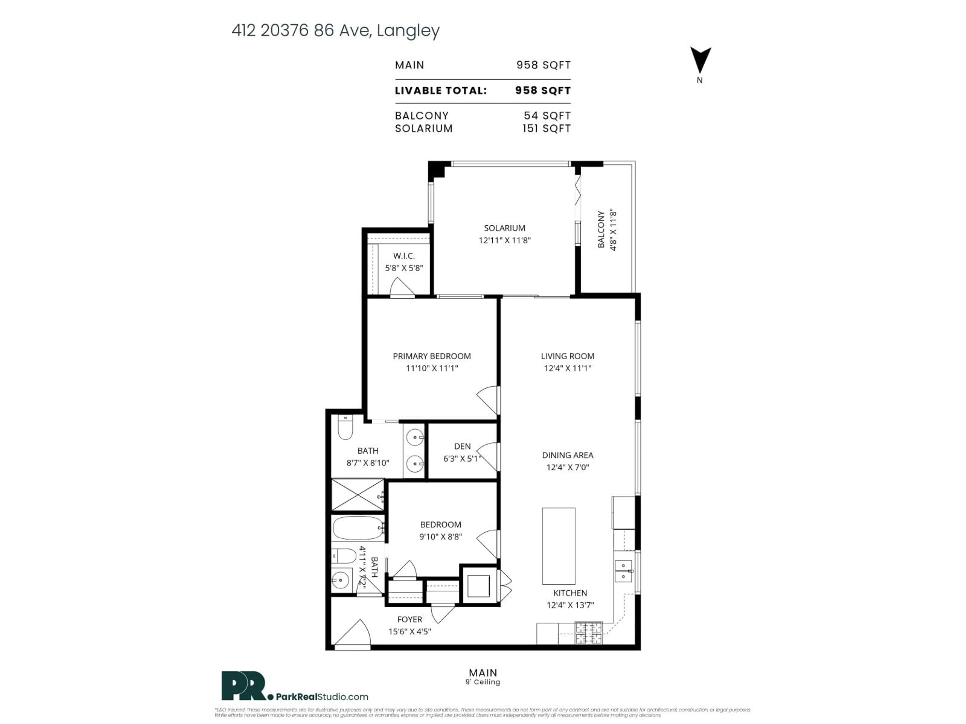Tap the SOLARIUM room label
(x=504, y=228)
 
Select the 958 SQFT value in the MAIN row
(x=543, y=65)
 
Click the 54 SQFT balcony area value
(x=547, y=116)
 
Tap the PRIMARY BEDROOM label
(x=431, y=356)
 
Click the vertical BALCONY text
(x=601, y=230)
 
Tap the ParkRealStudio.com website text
(x=322, y=697)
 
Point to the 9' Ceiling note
(x=482, y=682)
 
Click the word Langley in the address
(x=408, y=31)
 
